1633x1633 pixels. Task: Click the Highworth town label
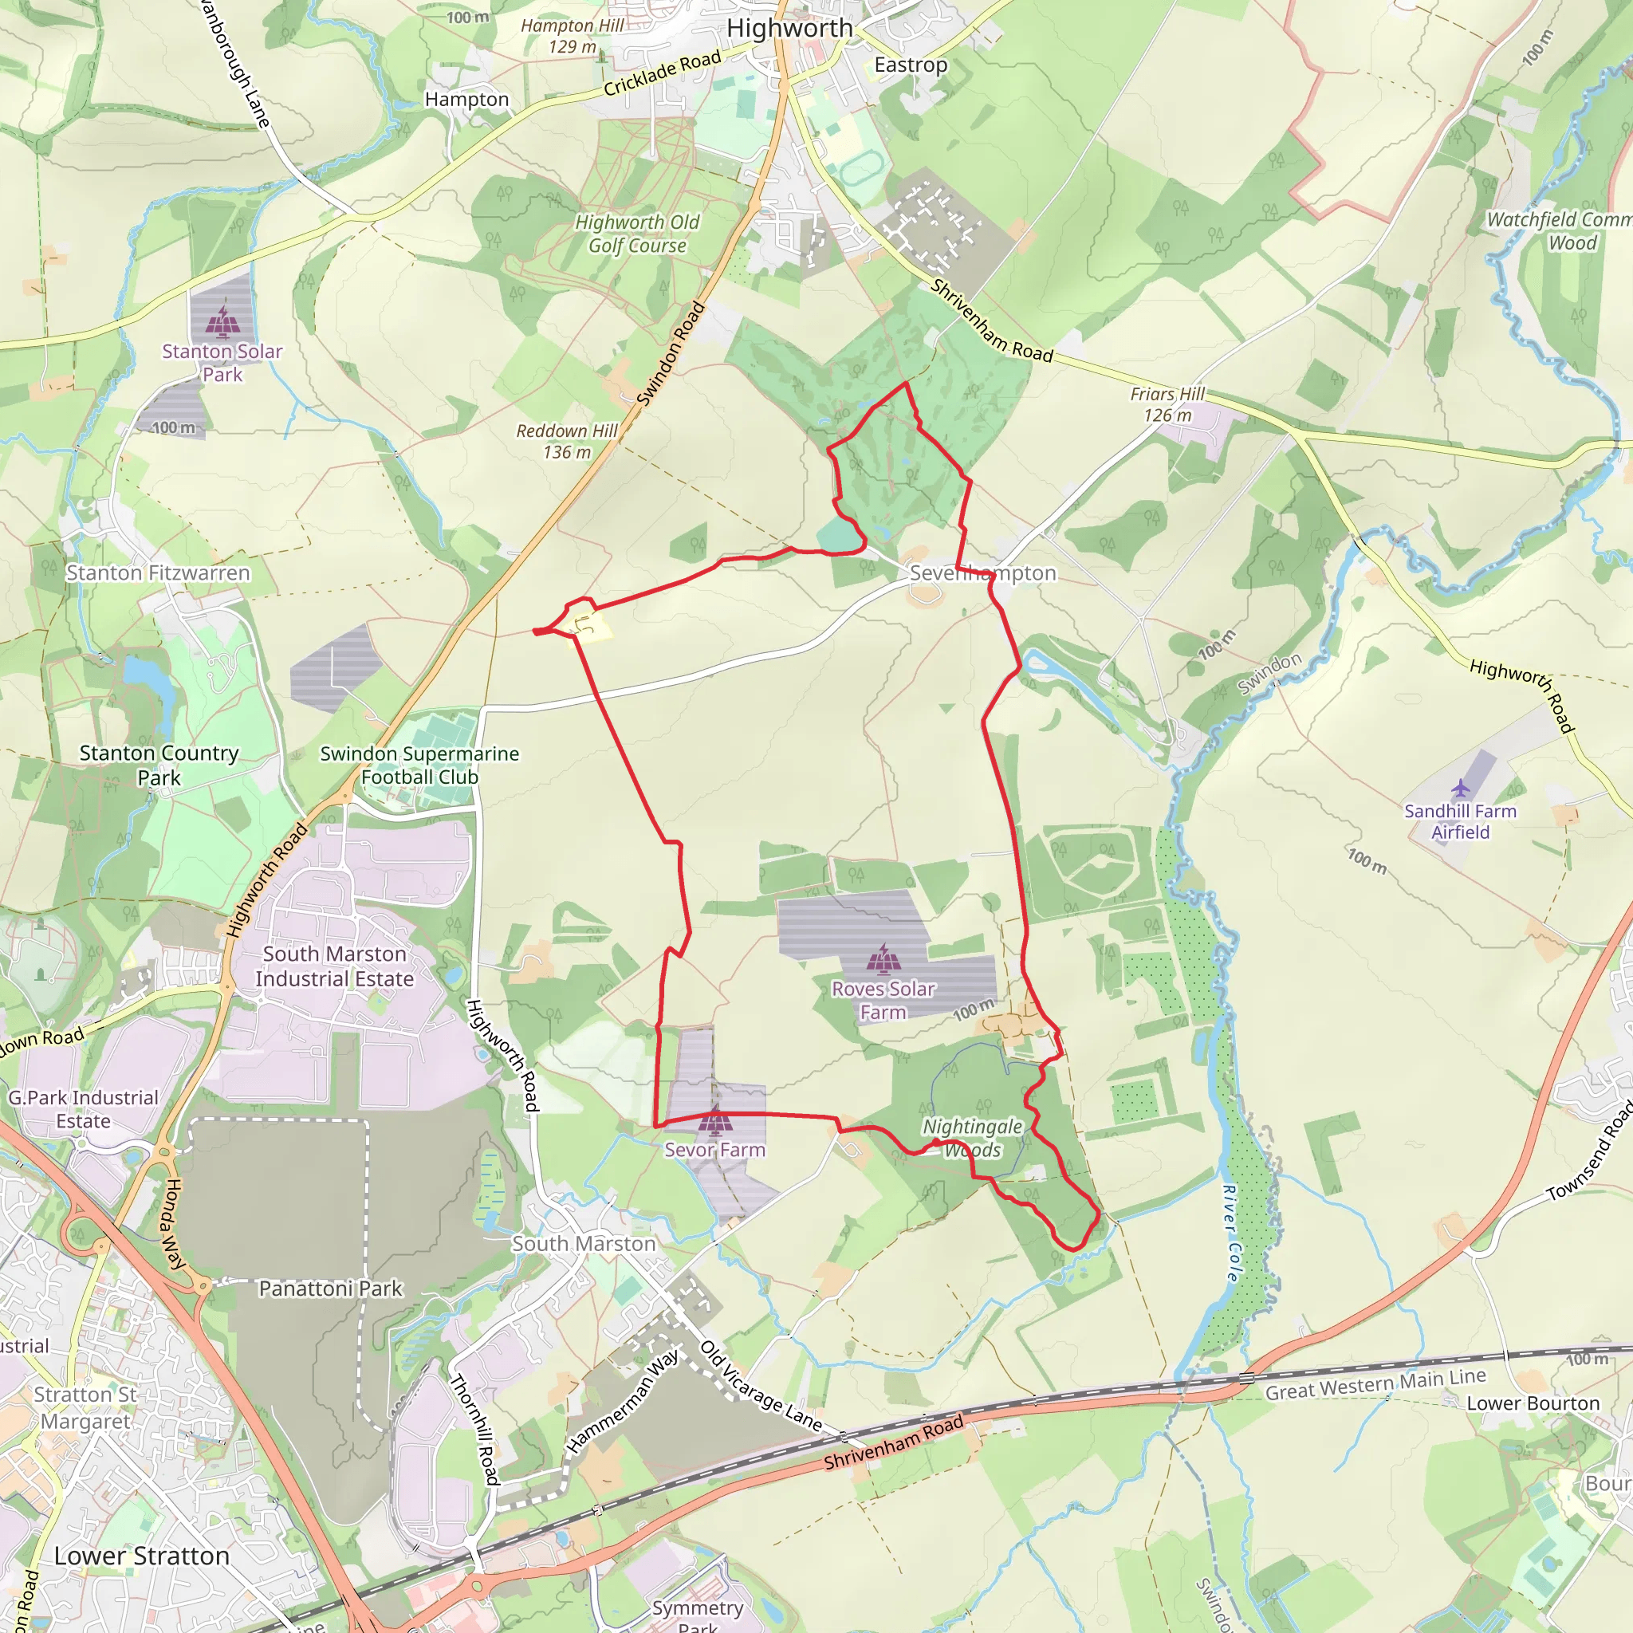point(789,28)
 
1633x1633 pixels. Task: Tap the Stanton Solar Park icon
point(222,321)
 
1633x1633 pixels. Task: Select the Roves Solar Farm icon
point(883,959)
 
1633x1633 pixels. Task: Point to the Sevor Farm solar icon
point(715,1122)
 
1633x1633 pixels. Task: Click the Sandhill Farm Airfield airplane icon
point(1461,789)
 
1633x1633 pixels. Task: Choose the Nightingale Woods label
point(972,1138)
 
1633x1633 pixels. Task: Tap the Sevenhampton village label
point(982,573)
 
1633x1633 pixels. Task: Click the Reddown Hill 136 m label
point(567,441)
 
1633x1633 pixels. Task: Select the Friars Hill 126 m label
point(1167,404)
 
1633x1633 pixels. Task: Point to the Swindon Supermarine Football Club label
point(419,765)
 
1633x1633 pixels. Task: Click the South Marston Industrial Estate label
point(335,966)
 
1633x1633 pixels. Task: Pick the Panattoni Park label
point(330,1289)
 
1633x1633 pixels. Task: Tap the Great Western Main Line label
point(1375,1383)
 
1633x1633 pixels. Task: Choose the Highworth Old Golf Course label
point(637,234)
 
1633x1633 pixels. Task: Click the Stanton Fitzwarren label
point(158,573)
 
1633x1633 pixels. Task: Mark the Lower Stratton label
point(142,1555)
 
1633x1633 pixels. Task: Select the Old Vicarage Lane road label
point(761,1386)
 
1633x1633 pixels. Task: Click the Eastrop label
point(911,65)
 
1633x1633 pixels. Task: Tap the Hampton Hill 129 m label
point(573,37)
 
